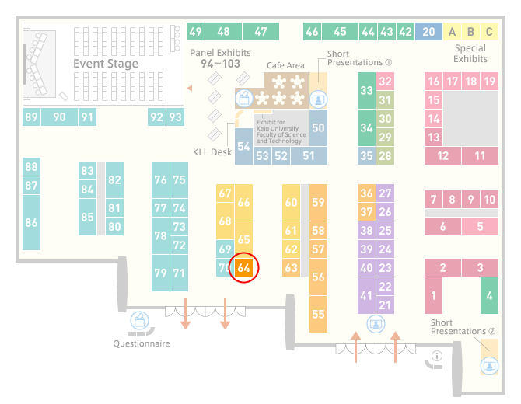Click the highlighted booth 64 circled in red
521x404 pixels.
tap(243, 267)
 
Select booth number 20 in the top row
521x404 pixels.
tap(428, 32)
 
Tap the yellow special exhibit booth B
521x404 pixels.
tap(470, 32)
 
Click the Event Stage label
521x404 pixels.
tap(106, 64)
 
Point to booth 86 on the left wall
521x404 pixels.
tap(31, 222)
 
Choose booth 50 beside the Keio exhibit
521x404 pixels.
tap(318, 127)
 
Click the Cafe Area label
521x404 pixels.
tap(285, 65)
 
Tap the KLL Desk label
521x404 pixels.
tap(212, 152)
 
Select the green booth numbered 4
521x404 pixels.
tap(489, 295)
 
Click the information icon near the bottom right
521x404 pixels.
tap(436, 356)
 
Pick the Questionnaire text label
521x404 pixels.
tap(142, 343)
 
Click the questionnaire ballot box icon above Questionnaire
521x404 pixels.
tap(139, 320)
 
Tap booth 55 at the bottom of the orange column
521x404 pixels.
tap(318, 314)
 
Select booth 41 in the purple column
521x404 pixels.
tap(366, 295)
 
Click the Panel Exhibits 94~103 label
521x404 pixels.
tap(220, 58)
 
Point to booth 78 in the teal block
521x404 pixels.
tap(160, 235)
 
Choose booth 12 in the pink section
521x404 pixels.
tap(442, 155)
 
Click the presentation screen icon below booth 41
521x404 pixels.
tap(376, 324)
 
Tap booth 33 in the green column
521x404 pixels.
tap(366, 90)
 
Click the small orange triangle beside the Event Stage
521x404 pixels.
tap(190, 88)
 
